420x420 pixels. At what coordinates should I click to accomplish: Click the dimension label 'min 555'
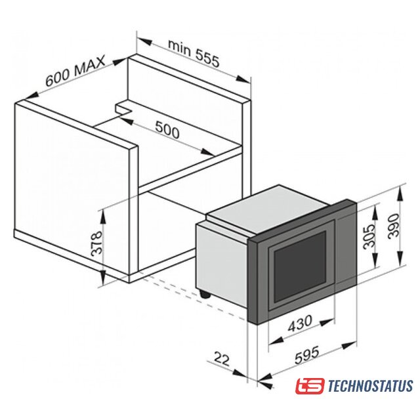click(194, 54)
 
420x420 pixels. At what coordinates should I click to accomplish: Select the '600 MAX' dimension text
click(75, 71)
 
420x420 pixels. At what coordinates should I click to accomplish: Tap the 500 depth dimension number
click(167, 130)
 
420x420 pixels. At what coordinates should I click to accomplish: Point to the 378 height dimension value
click(96, 243)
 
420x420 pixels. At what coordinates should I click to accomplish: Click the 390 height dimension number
click(394, 226)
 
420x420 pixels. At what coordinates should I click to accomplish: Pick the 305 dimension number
click(369, 237)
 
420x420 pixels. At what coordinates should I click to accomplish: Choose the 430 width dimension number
click(300, 323)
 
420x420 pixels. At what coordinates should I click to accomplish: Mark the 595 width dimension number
click(307, 355)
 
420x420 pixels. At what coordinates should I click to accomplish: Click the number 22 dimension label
click(222, 359)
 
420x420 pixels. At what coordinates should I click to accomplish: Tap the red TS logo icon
click(310, 386)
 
